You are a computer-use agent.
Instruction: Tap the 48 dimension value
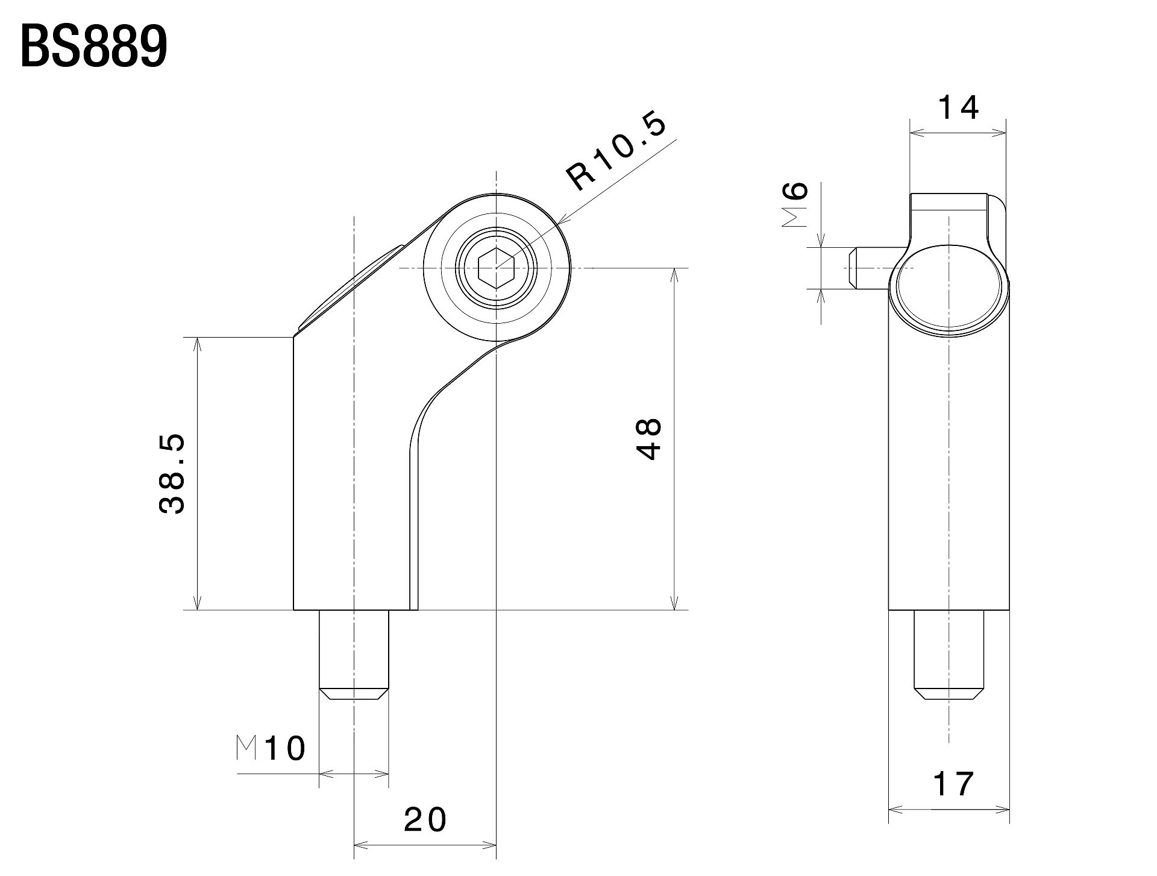click(x=650, y=439)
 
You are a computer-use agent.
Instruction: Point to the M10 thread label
click(x=271, y=748)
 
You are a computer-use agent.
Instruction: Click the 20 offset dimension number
click(x=425, y=819)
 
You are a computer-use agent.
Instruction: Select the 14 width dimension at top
click(x=958, y=108)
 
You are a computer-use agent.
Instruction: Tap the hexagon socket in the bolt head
click(x=495, y=267)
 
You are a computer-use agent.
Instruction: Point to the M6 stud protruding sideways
click(x=871, y=268)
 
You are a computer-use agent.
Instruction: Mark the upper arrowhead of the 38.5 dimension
click(x=196, y=342)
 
